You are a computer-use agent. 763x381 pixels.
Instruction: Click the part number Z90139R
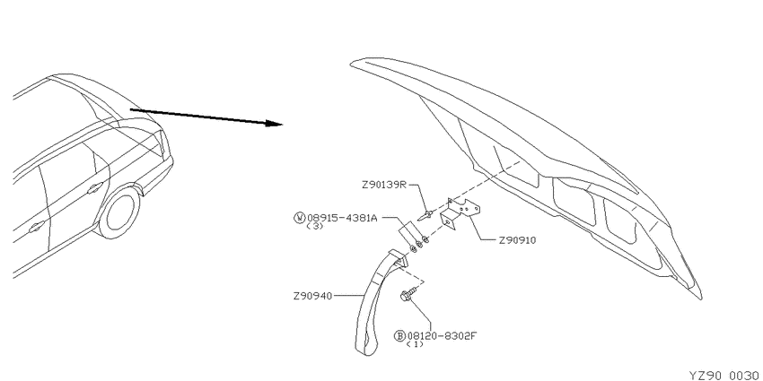point(383,186)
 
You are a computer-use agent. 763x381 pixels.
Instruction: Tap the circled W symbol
point(299,218)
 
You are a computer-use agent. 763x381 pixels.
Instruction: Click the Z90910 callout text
point(517,240)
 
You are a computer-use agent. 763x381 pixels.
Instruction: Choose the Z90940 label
point(311,296)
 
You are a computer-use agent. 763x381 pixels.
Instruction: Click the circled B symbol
point(399,335)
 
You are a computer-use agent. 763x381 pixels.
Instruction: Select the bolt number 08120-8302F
point(440,335)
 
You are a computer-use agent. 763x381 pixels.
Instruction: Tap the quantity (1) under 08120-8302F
point(415,344)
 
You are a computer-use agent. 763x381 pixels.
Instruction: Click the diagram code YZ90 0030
point(725,375)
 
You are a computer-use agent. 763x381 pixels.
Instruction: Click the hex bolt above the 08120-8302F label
point(408,293)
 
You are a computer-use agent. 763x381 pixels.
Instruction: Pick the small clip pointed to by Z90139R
point(426,214)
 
